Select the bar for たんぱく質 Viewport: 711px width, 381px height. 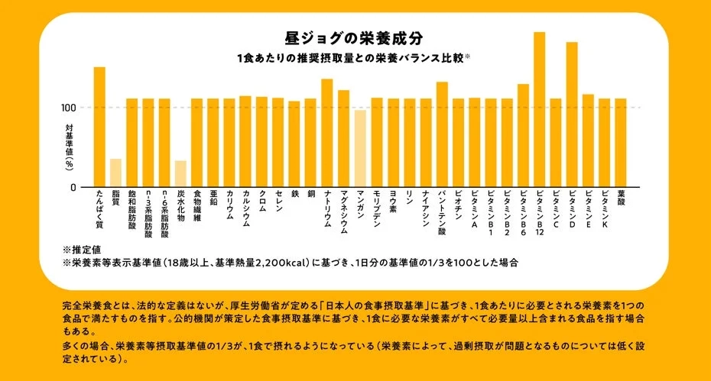(99, 127)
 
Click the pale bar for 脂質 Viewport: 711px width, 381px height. (115, 173)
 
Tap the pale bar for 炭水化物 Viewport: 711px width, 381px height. (180, 173)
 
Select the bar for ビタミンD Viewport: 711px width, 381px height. (572, 115)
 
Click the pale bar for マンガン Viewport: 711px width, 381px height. (360, 148)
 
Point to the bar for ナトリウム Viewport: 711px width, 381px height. (327, 133)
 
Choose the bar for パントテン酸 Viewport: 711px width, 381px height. (442, 134)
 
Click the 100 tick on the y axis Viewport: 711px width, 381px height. (70, 107)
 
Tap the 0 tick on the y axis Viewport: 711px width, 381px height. (74, 187)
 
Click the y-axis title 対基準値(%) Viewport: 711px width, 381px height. (69, 147)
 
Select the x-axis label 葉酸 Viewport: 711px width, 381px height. (621, 199)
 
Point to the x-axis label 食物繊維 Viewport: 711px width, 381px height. (197, 206)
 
